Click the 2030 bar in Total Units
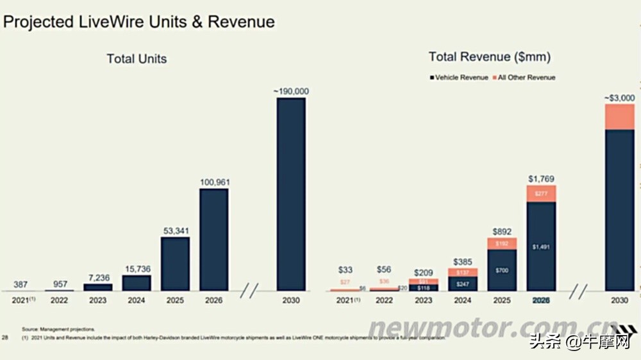pos(290,194)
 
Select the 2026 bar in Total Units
pos(213,240)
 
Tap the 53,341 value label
pos(175,231)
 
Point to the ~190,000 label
pos(291,92)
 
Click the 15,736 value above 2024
pos(136,270)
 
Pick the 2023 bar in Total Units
pos(97,288)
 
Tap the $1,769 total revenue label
pos(541,179)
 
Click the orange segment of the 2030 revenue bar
pos(619,117)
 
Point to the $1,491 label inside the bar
pos(541,247)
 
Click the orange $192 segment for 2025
pos(502,243)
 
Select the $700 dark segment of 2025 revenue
pos(502,270)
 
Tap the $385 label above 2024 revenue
pos(463,262)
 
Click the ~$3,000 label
pos(619,98)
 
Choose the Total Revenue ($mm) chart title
pos(490,57)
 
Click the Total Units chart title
pos(137,59)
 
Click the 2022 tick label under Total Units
pos(59,300)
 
